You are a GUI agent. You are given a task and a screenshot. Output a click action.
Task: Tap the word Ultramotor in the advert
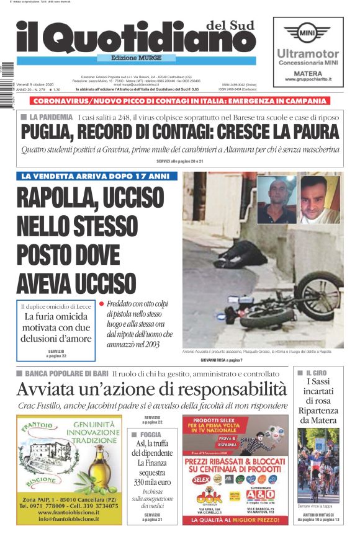click(308, 54)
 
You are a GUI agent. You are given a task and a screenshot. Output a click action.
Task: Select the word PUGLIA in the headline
click(47, 132)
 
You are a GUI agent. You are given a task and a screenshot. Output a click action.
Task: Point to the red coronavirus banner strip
click(181, 101)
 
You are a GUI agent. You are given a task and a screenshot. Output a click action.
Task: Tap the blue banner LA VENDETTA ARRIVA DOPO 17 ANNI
click(97, 176)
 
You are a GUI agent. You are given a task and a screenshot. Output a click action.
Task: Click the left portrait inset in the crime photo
click(276, 199)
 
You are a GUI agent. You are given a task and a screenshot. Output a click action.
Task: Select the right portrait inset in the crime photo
click(319, 199)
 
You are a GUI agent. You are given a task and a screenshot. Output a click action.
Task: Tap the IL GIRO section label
click(322, 373)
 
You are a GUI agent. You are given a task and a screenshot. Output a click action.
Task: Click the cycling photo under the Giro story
click(318, 465)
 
